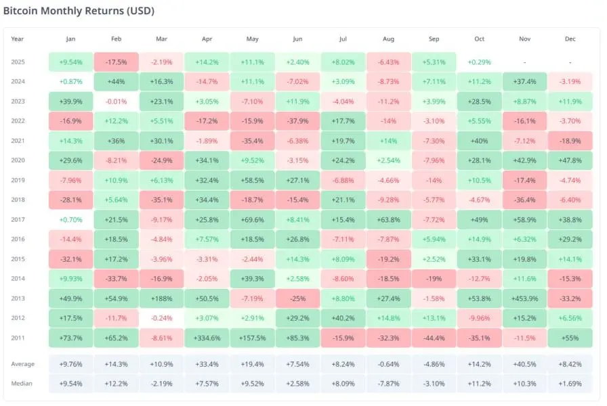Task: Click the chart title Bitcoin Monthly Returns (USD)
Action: [x=81, y=12]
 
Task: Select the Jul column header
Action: [x=343, y=39]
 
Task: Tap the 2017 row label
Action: [x=19, y=220]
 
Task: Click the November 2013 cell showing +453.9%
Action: [x=525, y=299]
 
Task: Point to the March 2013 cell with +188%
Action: [x=161, y=299]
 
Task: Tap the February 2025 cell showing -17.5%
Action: [x=116, y=62]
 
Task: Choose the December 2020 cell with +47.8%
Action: [x=570, y=161]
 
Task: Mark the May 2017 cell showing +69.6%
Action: [x=252, y=220]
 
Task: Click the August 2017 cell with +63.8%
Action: [x=388, y=220]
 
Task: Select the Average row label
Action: [x=22, y=364]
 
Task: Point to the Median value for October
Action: [x=479, y=383]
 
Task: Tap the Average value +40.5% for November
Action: [x=525, y=364]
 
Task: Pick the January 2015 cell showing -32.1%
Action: [x=70, y=260]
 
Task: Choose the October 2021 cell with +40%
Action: [x=479, y=141]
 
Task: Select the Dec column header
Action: [x=570, y=39]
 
